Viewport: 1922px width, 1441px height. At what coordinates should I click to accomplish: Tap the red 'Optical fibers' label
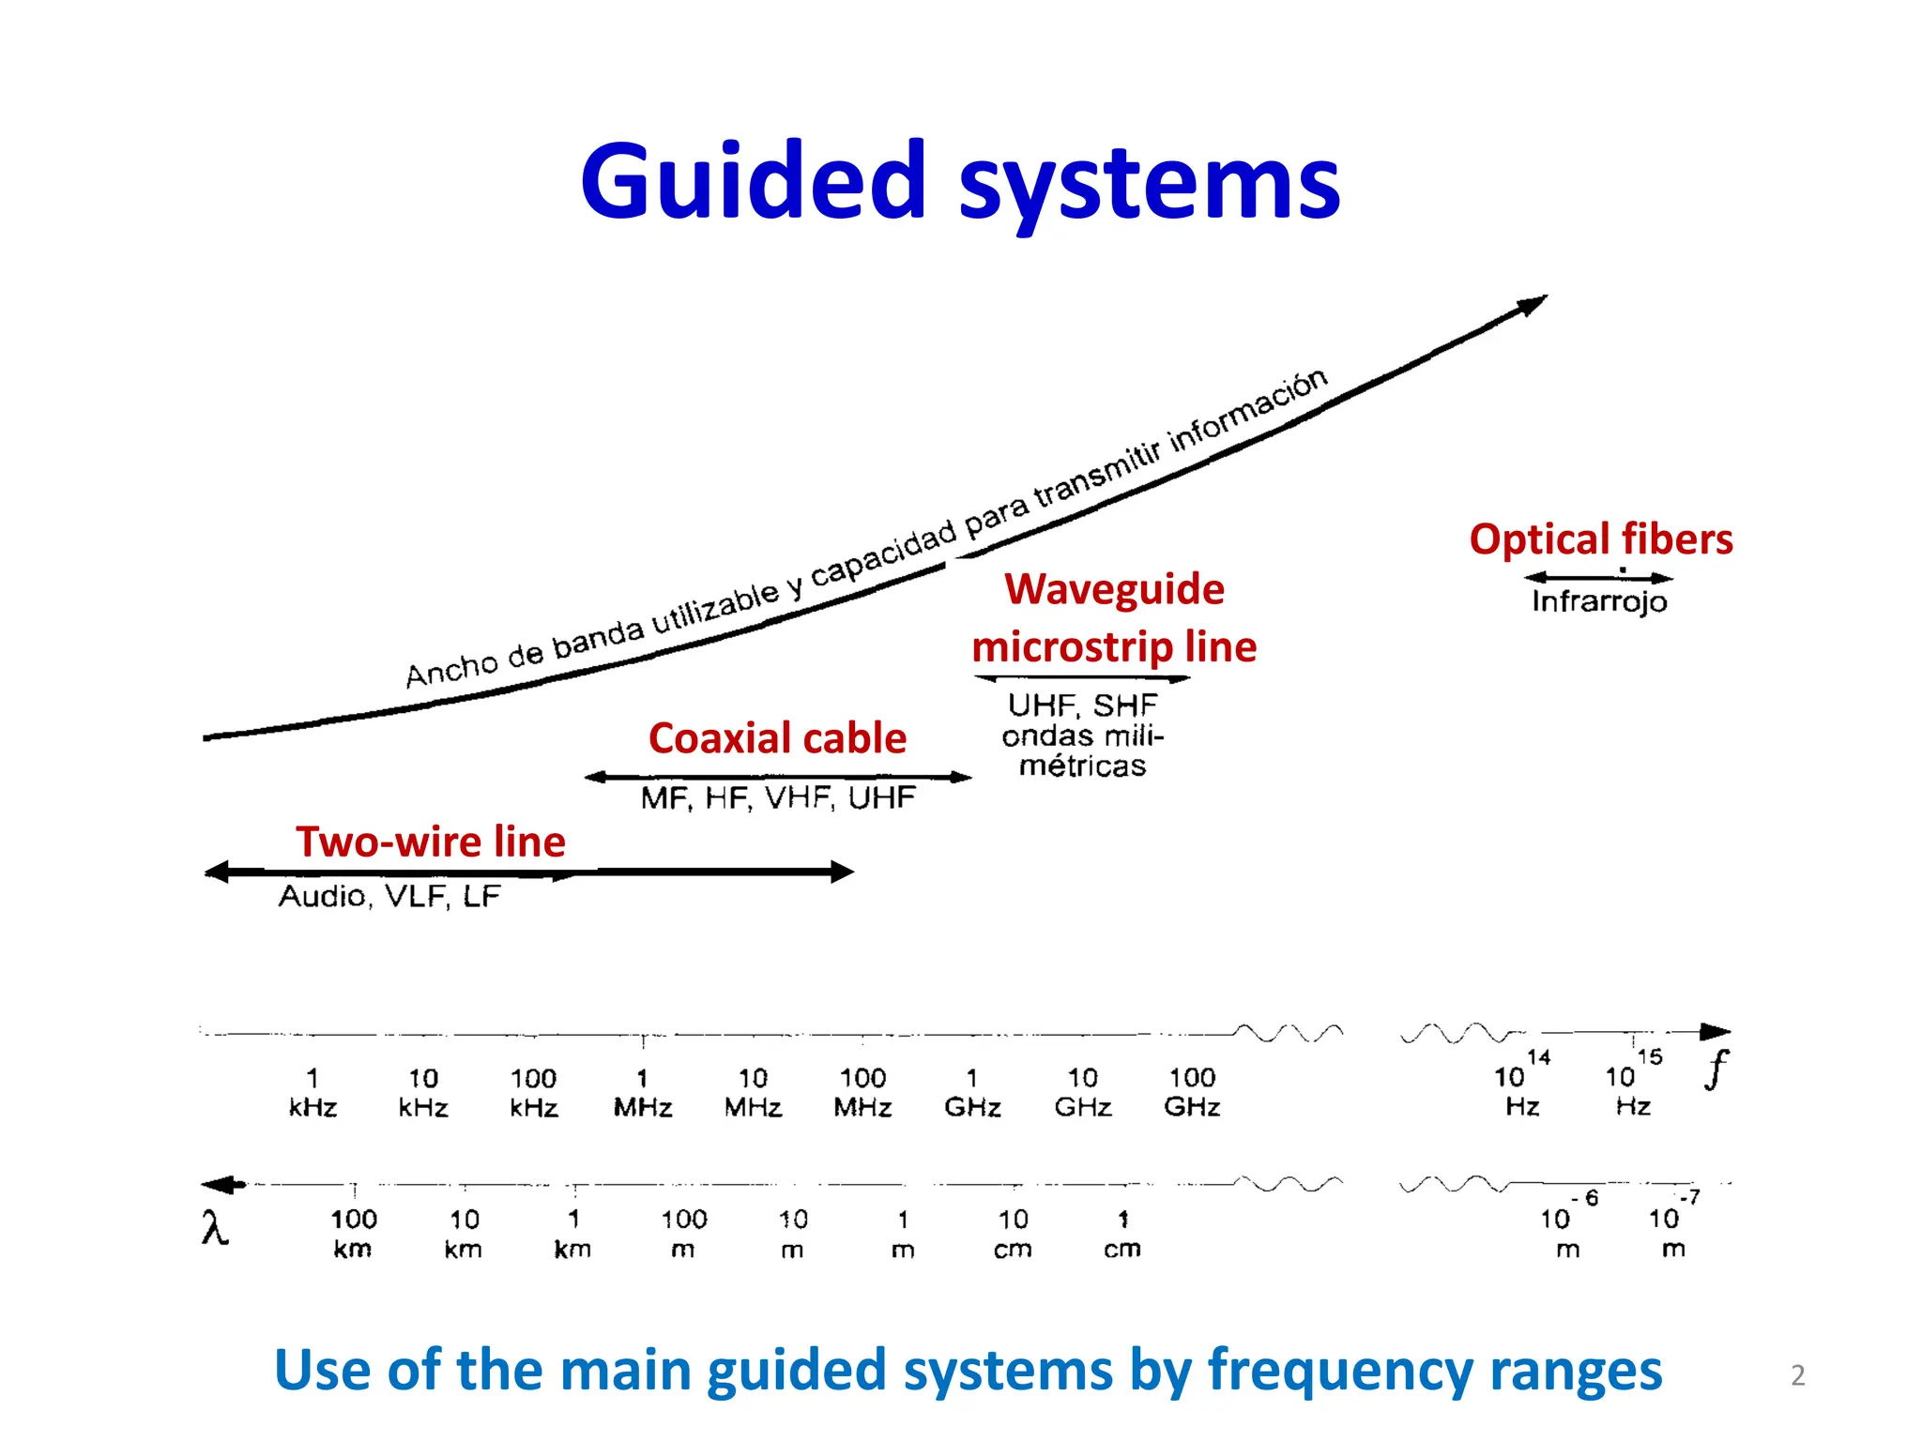click(1600, 539)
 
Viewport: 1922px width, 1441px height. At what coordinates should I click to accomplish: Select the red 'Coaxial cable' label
click(777, 738)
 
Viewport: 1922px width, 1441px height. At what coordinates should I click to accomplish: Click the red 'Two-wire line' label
click(431, 842)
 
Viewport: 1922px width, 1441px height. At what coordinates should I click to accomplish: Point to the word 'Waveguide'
click(1114, 589)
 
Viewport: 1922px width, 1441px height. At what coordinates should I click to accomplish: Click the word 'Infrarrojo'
click(1599, 601)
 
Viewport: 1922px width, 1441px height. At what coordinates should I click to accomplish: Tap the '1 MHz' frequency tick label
click(643, 1093)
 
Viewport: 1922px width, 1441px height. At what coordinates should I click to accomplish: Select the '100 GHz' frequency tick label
click(1192, 1093)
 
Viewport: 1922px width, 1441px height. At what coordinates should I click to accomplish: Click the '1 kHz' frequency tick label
click(313, 1093)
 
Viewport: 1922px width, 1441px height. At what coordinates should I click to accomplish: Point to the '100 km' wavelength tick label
click(353, 1234)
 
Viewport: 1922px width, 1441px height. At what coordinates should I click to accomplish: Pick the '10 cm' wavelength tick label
click(1013, 1234)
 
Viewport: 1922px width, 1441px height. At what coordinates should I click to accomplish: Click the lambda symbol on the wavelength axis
click(215, 1227)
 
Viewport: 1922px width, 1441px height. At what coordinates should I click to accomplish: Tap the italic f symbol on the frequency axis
click(1716, 1069)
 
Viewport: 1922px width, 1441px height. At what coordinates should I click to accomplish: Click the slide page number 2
click(1797, 1375)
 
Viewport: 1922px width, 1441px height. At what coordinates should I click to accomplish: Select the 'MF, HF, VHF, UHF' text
click(777, 798)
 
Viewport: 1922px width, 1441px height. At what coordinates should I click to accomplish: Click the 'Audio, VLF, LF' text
click(389, 897)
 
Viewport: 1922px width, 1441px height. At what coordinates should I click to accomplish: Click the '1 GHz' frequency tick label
click(972, 1093)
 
